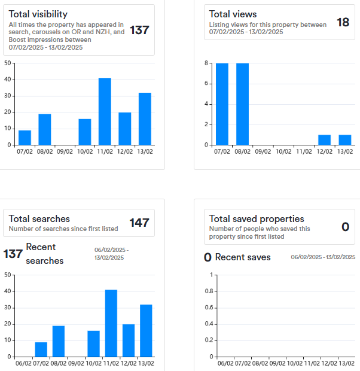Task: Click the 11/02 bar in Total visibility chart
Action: (105, 111)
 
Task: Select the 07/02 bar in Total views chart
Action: (222, 104)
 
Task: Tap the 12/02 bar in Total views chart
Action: (324, 139)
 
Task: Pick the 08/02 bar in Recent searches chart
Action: (59, 341)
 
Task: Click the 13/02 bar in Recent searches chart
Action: (147, 330)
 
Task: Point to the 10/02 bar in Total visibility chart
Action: (85, 132)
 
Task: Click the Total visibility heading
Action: (38, 14)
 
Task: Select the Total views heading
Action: (233, 14)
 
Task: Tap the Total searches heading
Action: (39, 218)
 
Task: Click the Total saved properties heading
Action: (257, 218)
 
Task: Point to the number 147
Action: (139, 223)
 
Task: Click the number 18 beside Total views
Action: (343, 22)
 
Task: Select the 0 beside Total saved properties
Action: (345, 227)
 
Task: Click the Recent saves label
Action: (243, 257)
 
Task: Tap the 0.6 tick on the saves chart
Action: (209, 308)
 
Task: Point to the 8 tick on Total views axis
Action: (206, 63)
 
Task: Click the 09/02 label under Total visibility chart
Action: (65, 152)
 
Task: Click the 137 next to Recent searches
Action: (13, 254)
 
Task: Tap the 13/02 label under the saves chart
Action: (346, 364)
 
